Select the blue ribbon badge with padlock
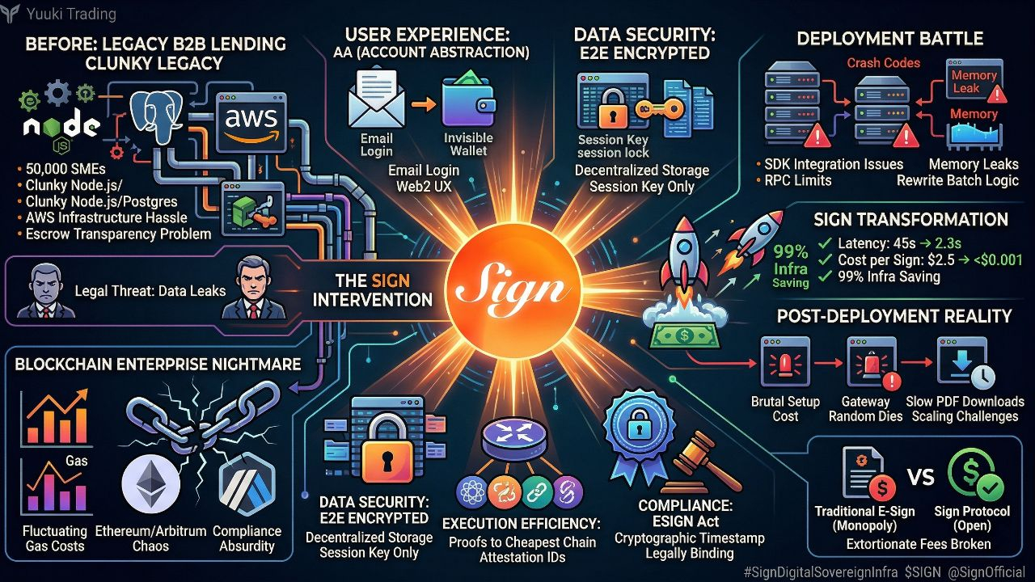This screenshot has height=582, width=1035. tap(638, 425)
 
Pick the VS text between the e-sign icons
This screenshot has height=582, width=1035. tap(920, 476)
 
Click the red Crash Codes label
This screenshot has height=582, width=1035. tap(883, 62)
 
